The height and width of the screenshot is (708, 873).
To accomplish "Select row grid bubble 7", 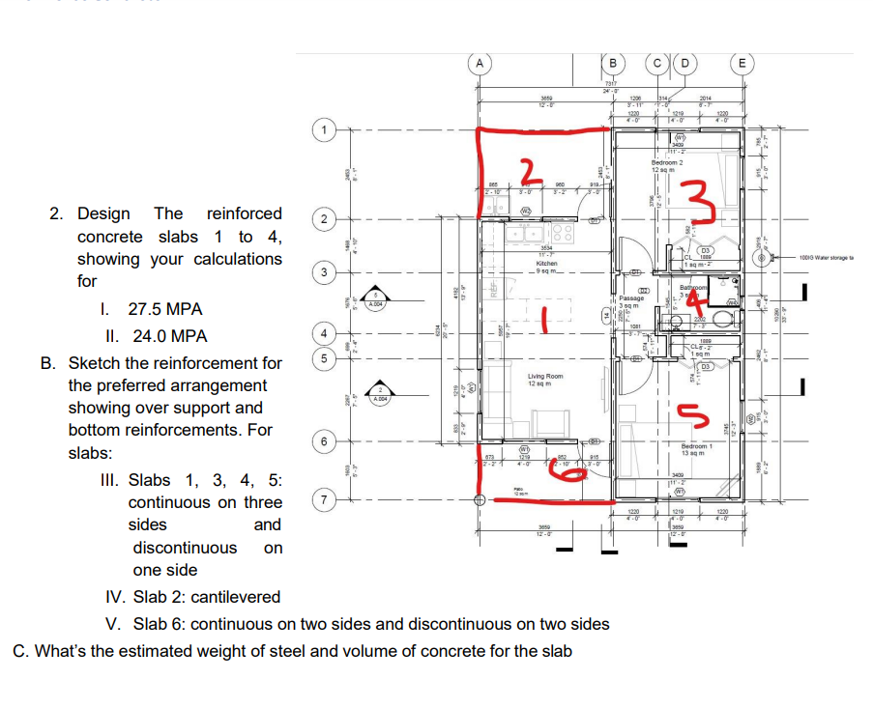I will click(x=326, y=502).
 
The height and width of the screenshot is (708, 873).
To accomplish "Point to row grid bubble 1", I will click(x=326, y=128).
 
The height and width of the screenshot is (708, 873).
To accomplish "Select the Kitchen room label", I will click(x=545, y=263).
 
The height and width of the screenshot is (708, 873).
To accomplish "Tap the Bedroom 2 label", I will click(x=667, y=166).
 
